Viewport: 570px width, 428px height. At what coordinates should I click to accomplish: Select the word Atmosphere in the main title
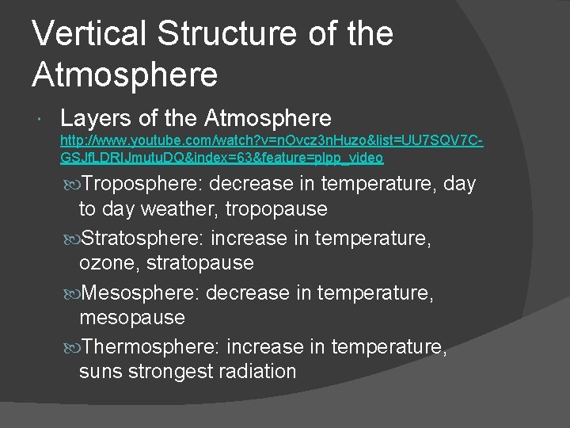point(124,75)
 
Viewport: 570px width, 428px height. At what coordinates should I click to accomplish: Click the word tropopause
point(276,209)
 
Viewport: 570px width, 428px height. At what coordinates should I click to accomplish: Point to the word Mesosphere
point(141,292)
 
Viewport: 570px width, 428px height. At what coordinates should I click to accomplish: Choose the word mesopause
point(132,318)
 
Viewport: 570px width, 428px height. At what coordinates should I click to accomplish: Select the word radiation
point(259,372)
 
